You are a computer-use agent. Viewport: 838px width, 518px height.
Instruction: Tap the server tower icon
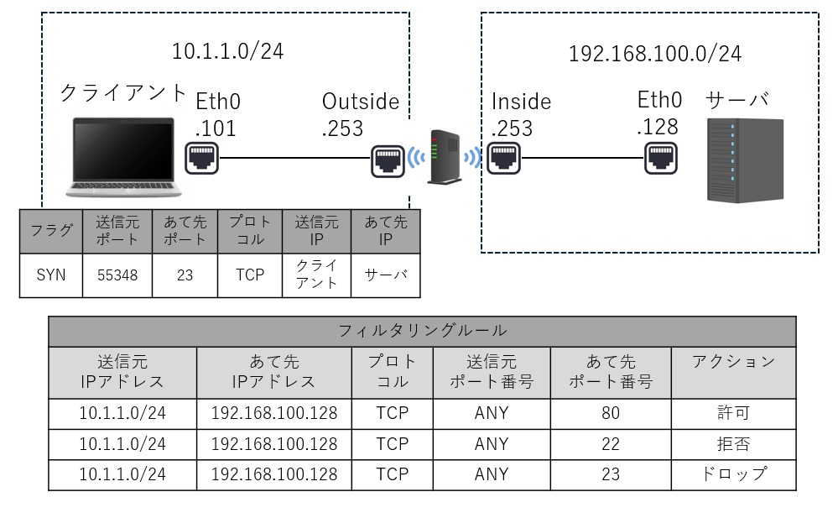tap(745, 160)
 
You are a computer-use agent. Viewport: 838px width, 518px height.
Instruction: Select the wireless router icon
tap(445, 157)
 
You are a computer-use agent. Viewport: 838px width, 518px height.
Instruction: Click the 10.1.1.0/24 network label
tap(227, 51)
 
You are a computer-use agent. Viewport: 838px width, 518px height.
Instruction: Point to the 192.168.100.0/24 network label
tap(654, 55)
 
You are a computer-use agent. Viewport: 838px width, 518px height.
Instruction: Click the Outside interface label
tap(361, 102)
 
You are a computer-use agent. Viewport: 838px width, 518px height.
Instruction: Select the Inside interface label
tap(521, 102)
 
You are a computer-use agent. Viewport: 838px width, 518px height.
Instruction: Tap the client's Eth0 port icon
tap(202, 157)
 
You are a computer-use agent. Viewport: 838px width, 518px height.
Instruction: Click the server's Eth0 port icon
tap(660, 157)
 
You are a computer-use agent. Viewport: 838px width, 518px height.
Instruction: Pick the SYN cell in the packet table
tap(51, 275)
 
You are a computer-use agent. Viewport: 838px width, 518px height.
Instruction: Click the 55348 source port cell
tap(117, 275)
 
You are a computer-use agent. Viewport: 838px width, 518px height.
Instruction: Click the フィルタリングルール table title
tap(422, 331)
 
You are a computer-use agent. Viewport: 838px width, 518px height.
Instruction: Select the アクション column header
tap(733, 362)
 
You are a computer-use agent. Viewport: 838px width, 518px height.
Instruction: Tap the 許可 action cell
tap(733, 413)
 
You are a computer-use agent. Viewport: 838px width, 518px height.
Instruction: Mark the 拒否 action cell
tap(733, 443)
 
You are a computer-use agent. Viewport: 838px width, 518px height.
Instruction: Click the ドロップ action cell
tap(733, 474)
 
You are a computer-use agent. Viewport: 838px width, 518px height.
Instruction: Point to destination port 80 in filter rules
tap(610, 413)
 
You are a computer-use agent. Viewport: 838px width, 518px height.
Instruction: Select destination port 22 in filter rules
tap(610, 443)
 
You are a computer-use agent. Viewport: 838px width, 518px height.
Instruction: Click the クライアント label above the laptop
tap(123, 93)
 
